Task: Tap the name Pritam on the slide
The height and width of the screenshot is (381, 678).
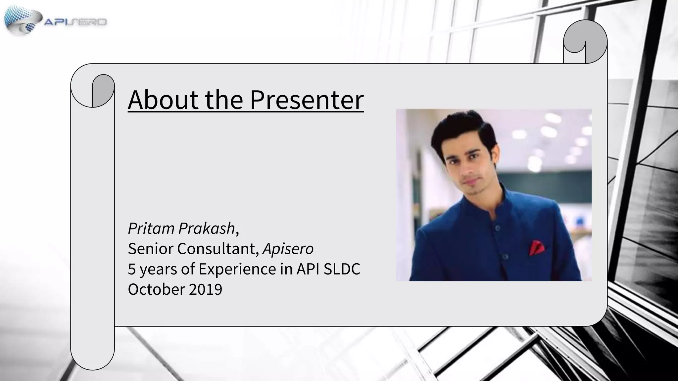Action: (x=151, y=228)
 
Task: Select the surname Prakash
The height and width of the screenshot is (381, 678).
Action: (x=207, y=228)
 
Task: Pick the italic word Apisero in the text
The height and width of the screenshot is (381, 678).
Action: (x=288, y=249)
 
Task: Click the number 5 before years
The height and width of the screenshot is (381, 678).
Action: (x=132, y=269)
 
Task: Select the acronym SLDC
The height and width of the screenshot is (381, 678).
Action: (x=342, y=269)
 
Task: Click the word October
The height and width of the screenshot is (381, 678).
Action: (x=156, y=289)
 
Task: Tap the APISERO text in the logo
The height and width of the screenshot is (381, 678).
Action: (x=75, y=22)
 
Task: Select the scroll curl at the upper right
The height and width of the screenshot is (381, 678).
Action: (x=585, y=41)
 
